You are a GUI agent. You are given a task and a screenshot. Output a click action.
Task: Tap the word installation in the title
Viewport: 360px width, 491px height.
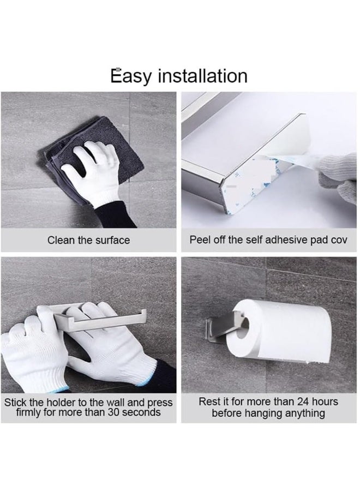[202, 76]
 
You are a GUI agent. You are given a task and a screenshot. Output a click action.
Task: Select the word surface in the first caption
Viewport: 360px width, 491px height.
[113, 240]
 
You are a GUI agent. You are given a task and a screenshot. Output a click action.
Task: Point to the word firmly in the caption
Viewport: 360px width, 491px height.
[29, 412]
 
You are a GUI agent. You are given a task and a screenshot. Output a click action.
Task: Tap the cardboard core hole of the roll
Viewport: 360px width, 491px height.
[242, 328]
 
